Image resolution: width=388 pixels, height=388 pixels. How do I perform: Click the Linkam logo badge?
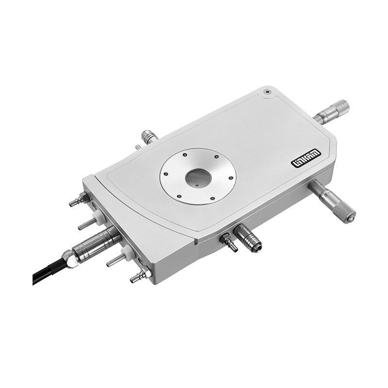pyautogui.click(x=306, y=159)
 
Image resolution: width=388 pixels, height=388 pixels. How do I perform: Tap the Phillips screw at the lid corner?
pyautogui.click(x=268, y=92)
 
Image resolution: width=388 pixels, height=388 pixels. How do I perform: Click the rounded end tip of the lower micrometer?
pyautogui.click(x=351, y=219)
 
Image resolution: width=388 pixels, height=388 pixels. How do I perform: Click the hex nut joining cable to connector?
pyautogui.click(x=69, y=259)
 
